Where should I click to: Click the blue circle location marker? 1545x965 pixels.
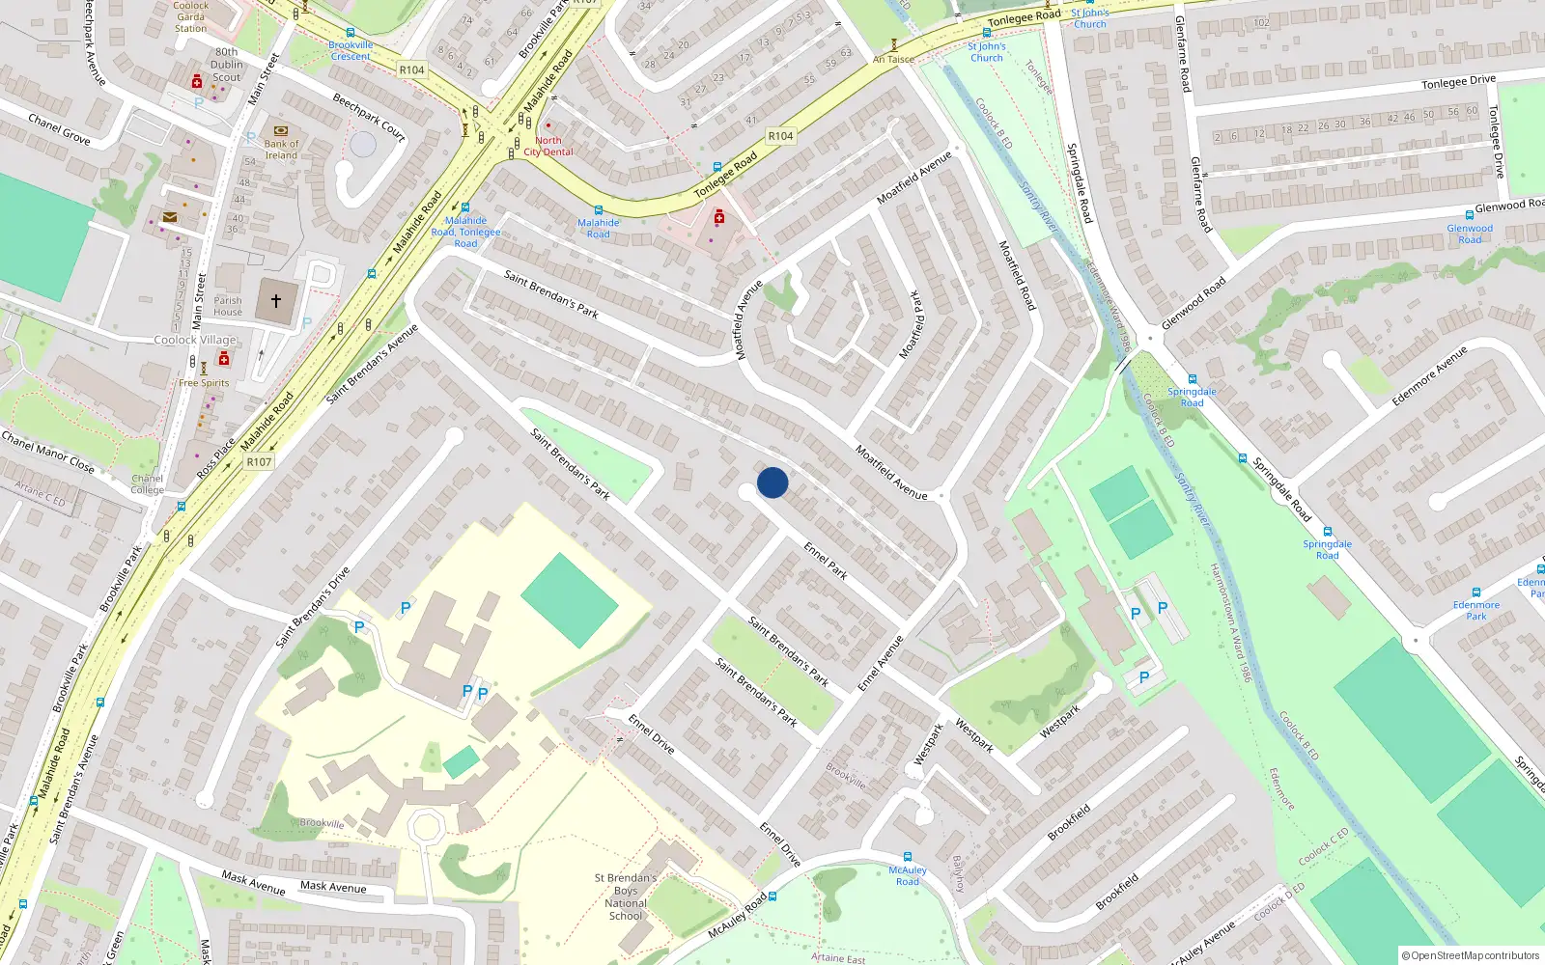pos(772,482)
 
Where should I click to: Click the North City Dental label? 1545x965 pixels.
pos(548,146)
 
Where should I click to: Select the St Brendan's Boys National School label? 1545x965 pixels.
pos(626,896)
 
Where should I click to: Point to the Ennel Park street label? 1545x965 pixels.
pos(826,561)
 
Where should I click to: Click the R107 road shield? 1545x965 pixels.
pos(259,462)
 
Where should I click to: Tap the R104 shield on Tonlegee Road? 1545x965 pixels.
pos(780,136)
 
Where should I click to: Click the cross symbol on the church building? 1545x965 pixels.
pos(276,301)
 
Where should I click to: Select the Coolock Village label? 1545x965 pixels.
pos(195,340)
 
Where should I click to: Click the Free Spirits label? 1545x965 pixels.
pos(204,383)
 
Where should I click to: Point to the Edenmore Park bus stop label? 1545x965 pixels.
pos(1476,610)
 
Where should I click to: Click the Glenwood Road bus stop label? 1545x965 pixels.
pos(1470,234)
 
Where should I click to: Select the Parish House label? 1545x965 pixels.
pos(228,306)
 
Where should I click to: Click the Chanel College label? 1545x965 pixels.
pos(147,484)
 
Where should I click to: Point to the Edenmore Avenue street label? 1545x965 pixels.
pos(1429,376)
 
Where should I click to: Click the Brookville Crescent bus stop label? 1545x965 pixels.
pos(350,50)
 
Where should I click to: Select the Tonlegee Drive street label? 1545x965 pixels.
pos(1458,82)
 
